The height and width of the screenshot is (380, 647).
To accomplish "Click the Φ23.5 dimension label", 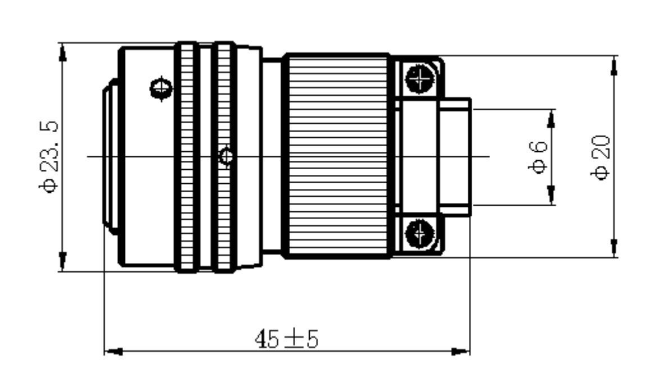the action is click(49, 157).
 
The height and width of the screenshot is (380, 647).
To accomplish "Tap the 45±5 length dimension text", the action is click(287, 339).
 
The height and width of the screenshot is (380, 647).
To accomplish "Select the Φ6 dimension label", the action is click(537, 157).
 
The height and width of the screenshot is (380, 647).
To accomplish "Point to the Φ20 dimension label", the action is click(600, 157).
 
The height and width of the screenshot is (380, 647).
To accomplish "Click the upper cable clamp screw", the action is click(420, 78).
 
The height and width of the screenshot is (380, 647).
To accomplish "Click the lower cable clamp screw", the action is click(420, 234).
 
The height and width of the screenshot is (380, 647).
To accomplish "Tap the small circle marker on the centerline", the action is click(226, 156).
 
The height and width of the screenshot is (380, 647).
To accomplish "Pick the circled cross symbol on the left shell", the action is click(161, 88).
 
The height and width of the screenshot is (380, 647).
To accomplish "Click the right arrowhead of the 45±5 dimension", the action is click(460, 351).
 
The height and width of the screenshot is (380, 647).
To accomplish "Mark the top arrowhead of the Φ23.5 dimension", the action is click(63, 53).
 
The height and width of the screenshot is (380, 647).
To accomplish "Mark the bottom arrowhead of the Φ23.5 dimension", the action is click(63, 261).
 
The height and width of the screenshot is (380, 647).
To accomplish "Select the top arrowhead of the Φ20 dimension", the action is click(614, 65).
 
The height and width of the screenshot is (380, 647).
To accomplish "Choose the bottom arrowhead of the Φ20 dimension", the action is click(614, 248).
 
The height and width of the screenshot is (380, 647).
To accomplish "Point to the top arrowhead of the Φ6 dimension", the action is click(551, 119).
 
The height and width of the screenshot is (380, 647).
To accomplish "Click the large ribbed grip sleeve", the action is click(337, 156).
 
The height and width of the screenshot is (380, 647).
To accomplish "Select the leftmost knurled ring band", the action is click(187, 157).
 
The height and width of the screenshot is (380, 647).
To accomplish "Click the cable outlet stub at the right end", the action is click(454, 157).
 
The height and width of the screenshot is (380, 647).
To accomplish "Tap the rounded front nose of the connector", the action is click(110, 157).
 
